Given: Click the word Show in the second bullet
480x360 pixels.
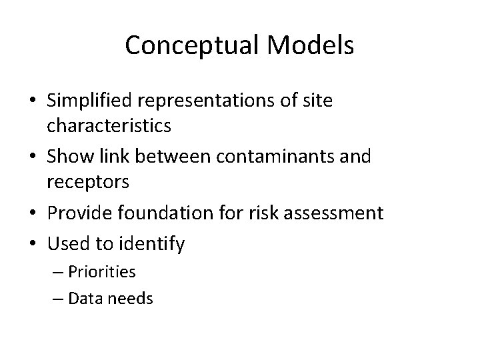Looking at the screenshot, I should pyautogui.click(x=69, y=157).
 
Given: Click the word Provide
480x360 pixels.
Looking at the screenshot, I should pyautogui.click(x=79, y=213).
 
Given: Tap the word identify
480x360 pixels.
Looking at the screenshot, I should pyautogui.click(x=153, y=244).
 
